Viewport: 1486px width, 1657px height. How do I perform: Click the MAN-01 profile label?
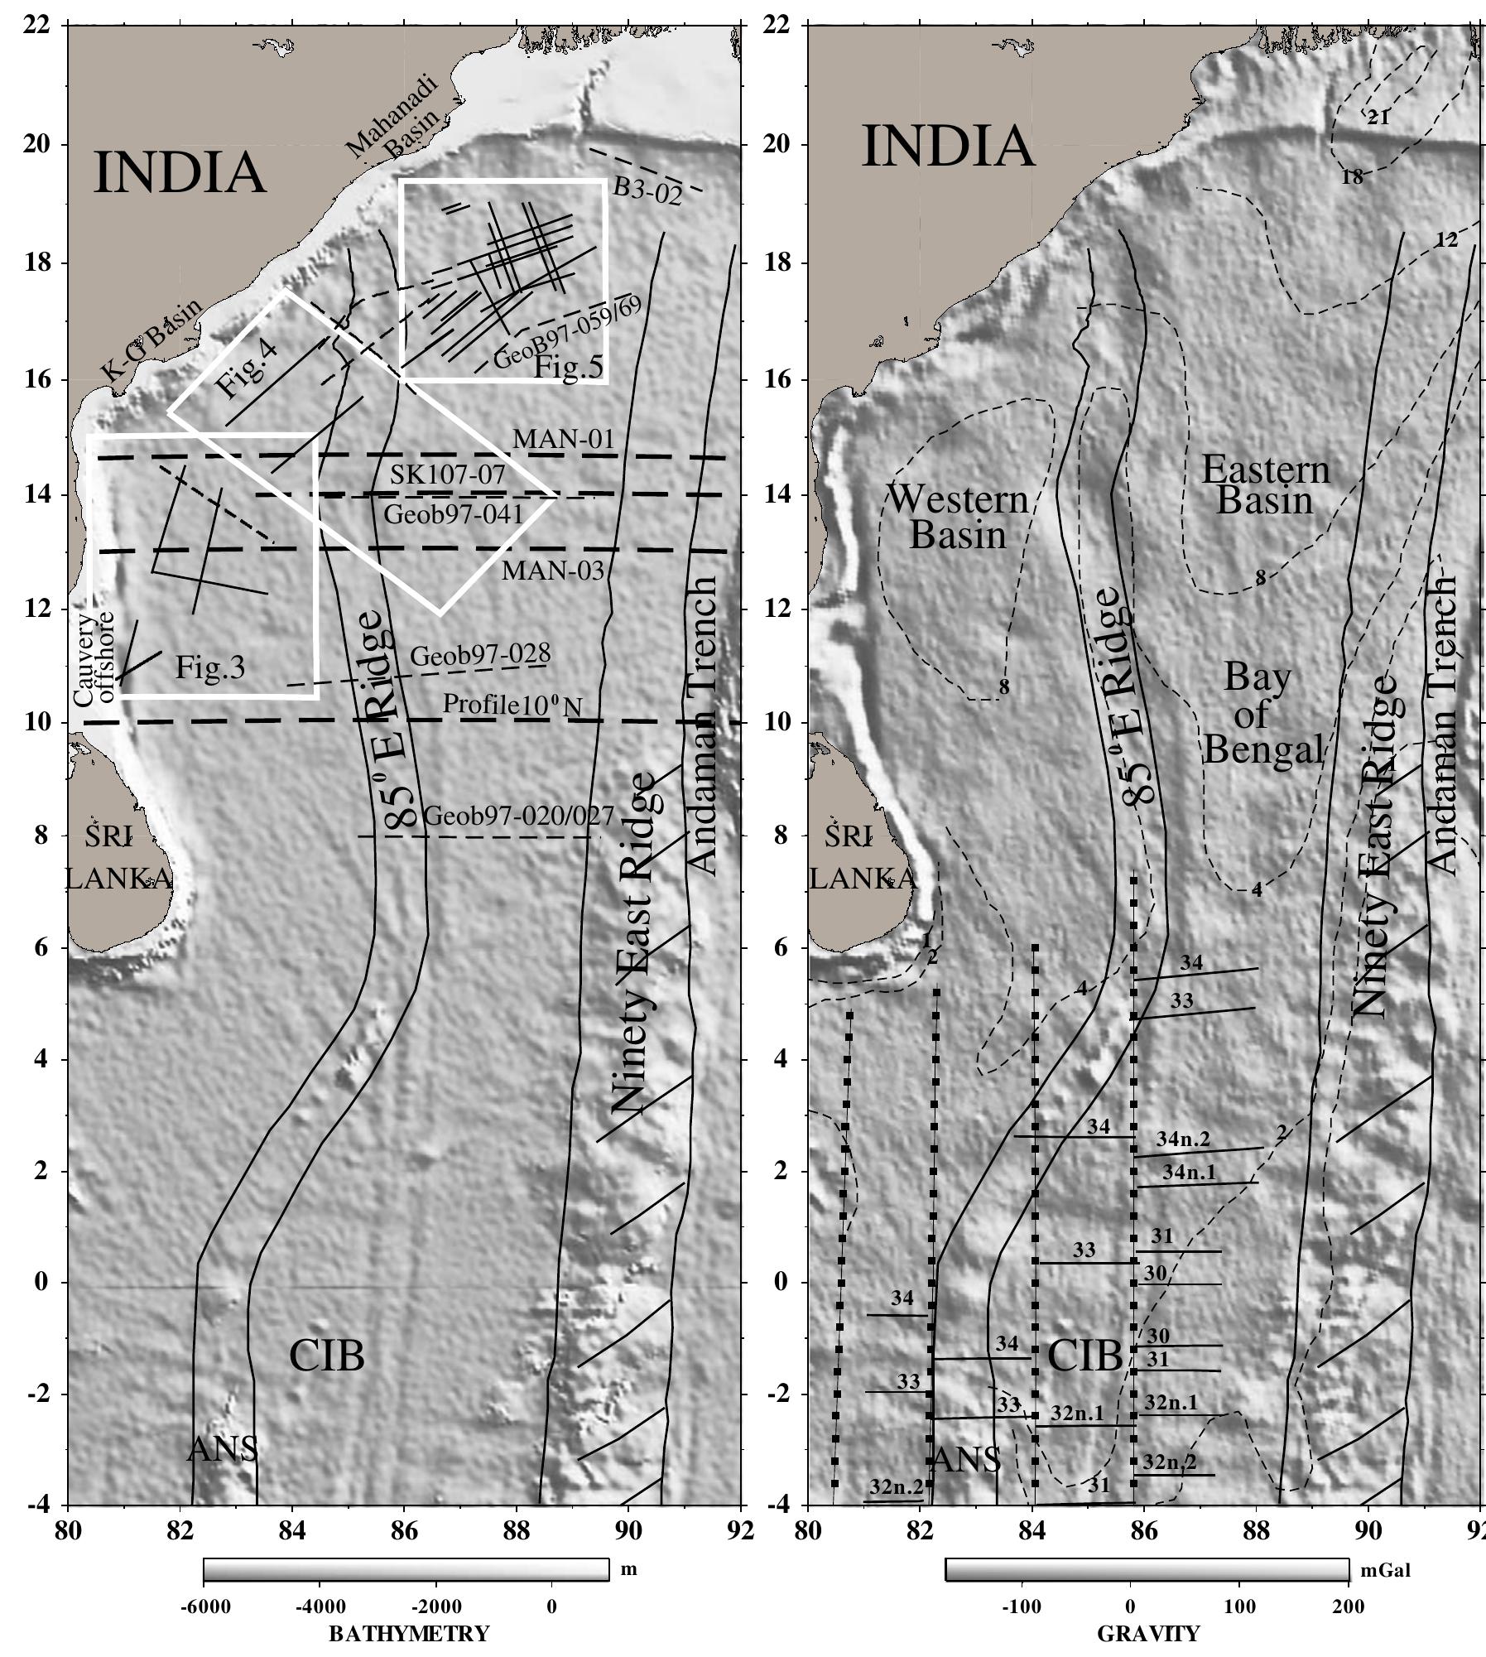(563, 439)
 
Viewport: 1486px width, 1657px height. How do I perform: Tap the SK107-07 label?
(447, 475)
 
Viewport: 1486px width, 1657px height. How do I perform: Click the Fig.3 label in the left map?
(209, 667)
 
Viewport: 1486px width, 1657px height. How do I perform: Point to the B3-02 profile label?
(647, 192)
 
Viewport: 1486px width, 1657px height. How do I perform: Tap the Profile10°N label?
(512, 705)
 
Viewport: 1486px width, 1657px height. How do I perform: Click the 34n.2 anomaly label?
(1183, 1139)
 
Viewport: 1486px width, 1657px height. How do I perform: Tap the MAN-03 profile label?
(553, 571)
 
